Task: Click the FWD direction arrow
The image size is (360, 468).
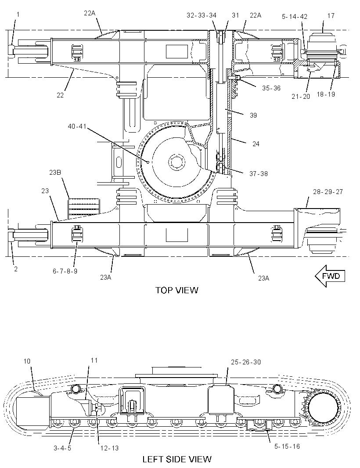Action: pyautogui.click(x=330, y=276)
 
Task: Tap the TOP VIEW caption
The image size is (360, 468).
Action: pyautogui.click(x=177, y=290)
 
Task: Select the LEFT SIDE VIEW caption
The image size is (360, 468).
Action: pyautogui.click(x=177, y=459)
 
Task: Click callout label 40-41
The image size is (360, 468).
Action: pyautogui.click(x=77, y=126)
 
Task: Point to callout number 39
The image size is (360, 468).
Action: pyautogui.click(x=253, y=115)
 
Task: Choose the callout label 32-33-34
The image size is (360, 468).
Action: pyautogui.click(x=202, y=15)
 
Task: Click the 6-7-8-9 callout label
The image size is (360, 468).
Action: pyautogui.click(x=65, y=271)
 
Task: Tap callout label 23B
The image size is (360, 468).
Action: pyautogui.click(x=55, y=172)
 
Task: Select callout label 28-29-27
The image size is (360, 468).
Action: pyautogui.click(x=328, y=191)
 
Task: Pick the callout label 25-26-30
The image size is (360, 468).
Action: pyautogui.click(x=246, y=362)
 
